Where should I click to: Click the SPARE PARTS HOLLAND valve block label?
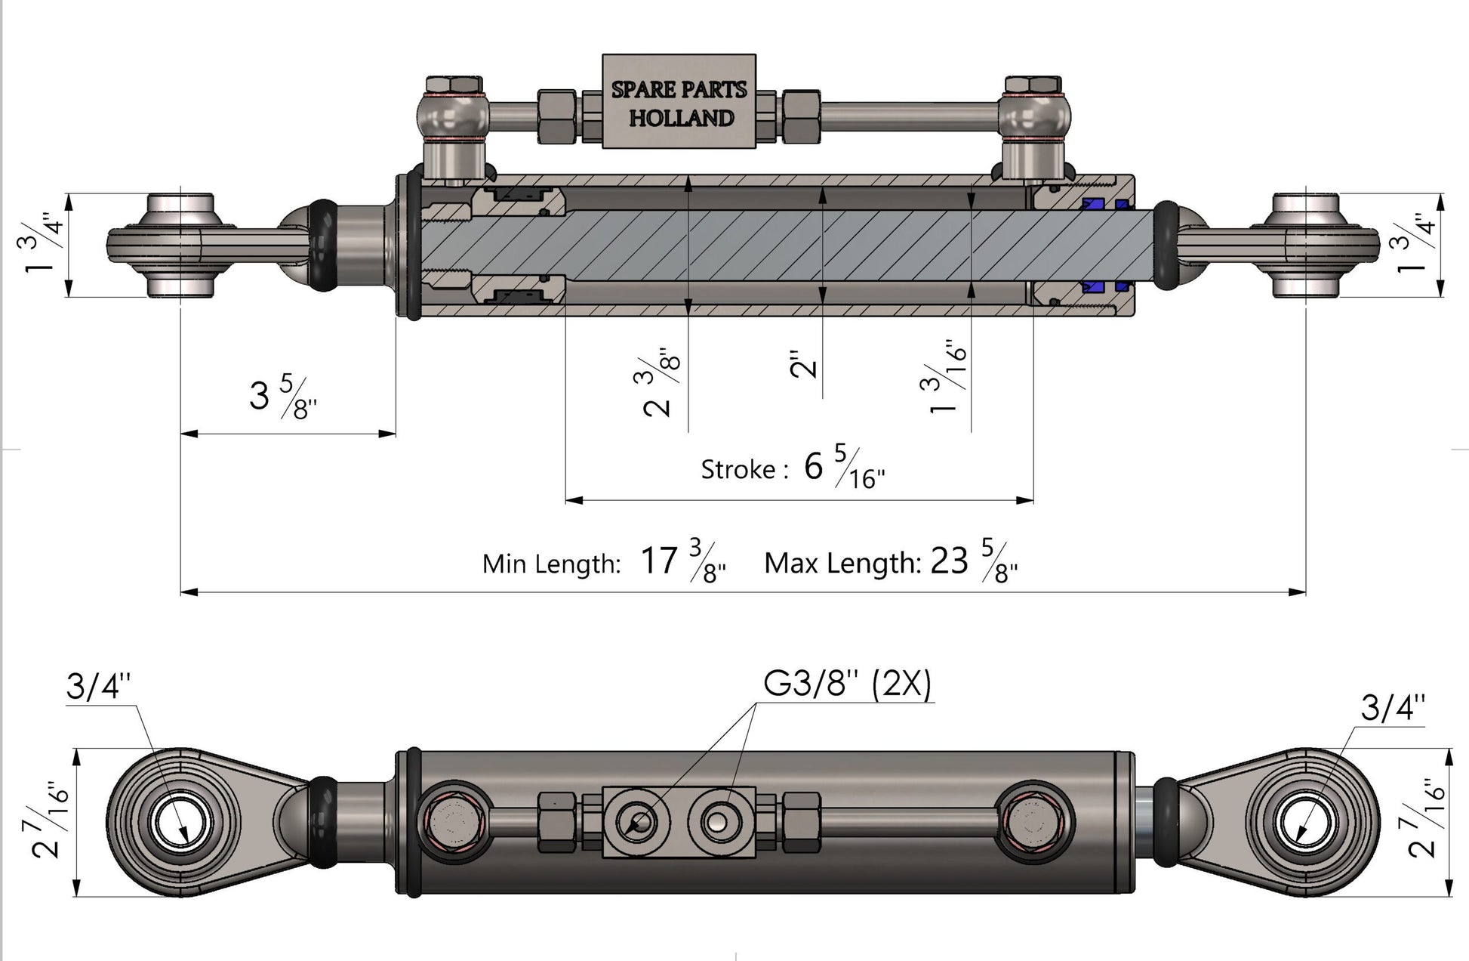(x=679, y=103)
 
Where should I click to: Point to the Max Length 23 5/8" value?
(x=974, y=561)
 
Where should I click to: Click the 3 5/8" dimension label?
(x=282, y=397)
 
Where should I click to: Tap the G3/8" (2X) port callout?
(x=847, y=684)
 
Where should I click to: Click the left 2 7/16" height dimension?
(x=51, y=820)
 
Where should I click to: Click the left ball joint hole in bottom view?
(x=180, y=822)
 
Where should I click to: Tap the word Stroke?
(x=738, y=470)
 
